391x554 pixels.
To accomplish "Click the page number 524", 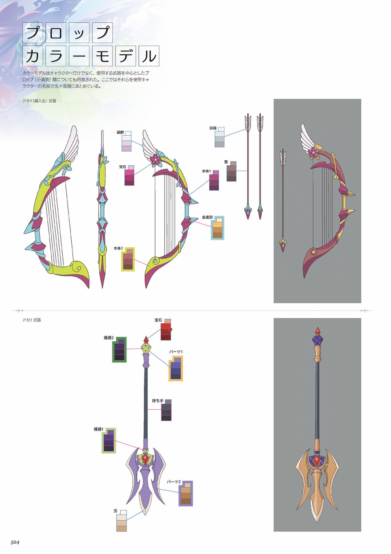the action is pyautogui.click(x=14, y=547).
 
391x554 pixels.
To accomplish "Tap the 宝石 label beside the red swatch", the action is pyautogui.click(x=158, y=320).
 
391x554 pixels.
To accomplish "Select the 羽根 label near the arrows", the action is pyautogui.click(x=213, y=128).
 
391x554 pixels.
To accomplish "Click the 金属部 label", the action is pyautogui.click(x=207, y=217).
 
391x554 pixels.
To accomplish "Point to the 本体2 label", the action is pyautogui.click(x=118, y=248).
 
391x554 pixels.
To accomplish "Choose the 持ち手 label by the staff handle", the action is pyautogui.click(x=157, y=401).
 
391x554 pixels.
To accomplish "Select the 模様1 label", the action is pyautogui.click(x=98, y=430).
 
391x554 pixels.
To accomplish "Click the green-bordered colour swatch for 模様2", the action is pyautogui.click(x=119, y=349).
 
